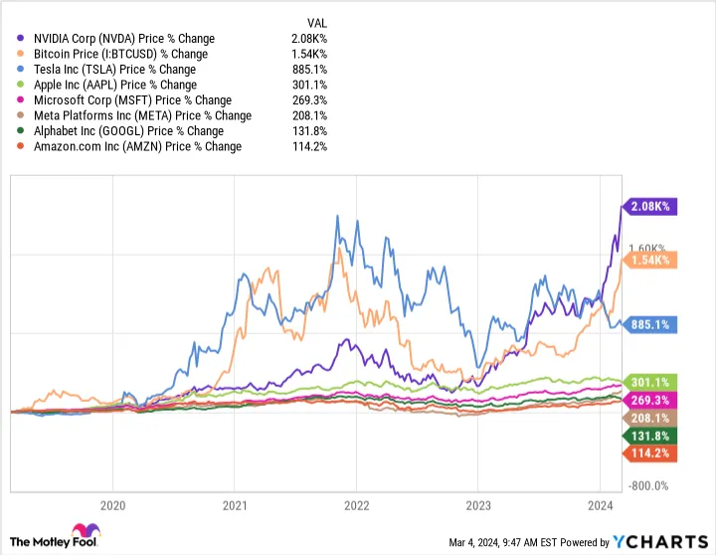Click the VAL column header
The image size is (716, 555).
point(313,22)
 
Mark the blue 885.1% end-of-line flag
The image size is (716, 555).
point(650,324)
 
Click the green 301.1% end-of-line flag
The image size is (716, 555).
point(650,382)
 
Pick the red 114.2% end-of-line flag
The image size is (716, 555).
point(650,454)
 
